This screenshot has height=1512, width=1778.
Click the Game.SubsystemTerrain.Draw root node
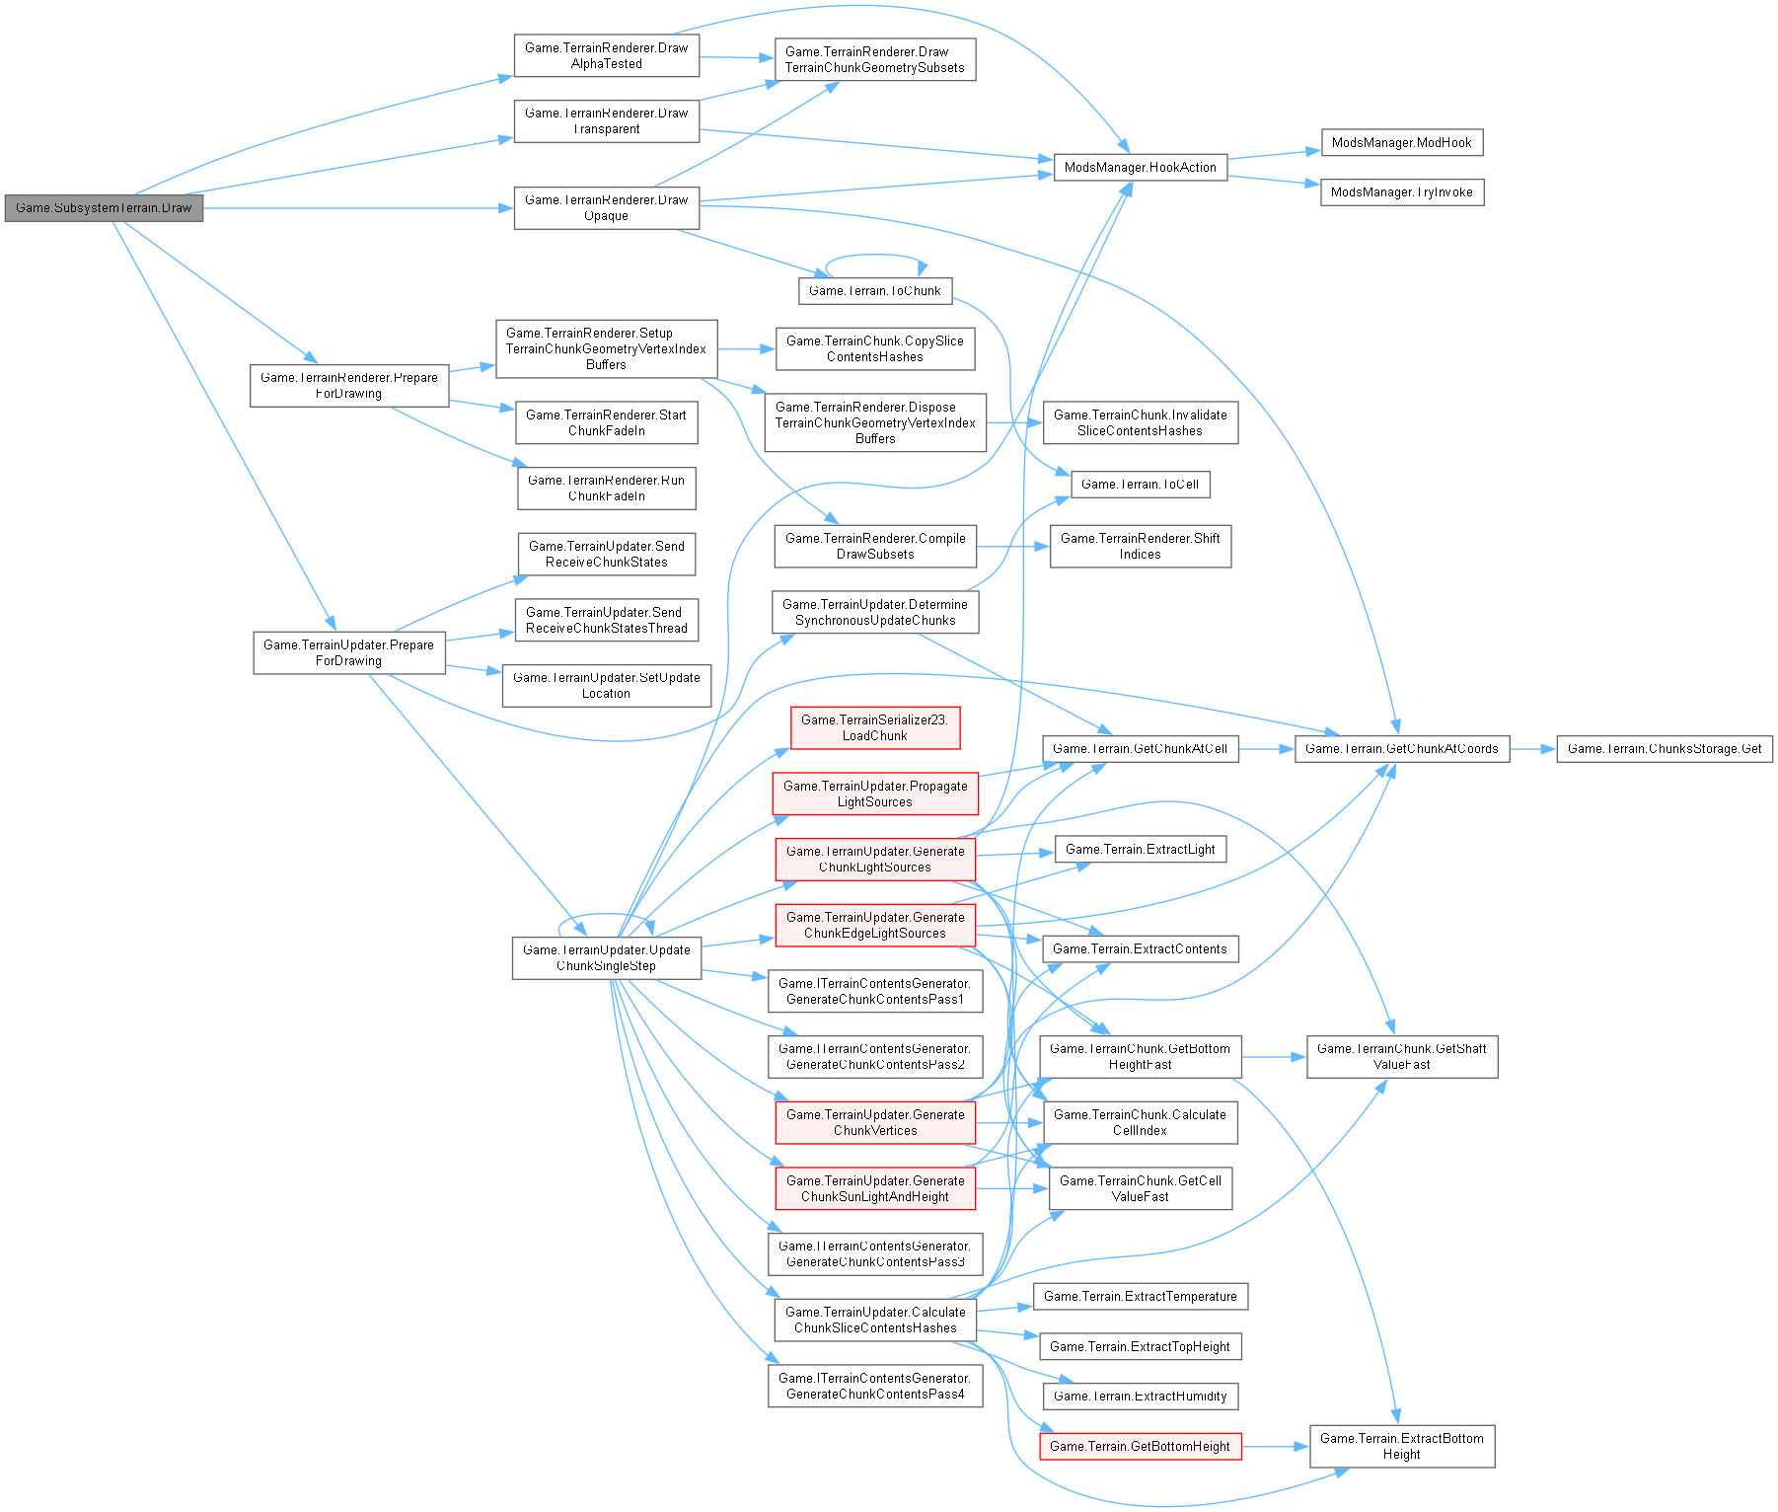tap(104, 208)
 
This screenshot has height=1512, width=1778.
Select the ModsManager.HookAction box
tap(1140, 168)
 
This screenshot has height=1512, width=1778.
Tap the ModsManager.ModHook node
tap(1401, 143)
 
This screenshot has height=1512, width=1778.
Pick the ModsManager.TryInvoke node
tap(1401, 192)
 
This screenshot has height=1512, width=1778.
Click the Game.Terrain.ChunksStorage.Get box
tap(1664, 749)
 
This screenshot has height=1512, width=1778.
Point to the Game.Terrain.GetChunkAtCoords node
tap(1401, 749)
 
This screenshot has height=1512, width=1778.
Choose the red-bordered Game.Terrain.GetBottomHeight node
tap(1140, 1447)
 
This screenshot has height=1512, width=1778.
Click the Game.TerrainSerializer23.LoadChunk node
tap(874, 728)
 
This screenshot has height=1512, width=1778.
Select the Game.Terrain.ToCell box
tap(1140, 485)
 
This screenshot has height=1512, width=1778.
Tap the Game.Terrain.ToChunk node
tap(874, 291)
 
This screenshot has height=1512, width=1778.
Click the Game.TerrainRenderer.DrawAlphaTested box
tap(606, 56)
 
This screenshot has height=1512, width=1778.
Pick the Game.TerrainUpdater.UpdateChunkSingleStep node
tap(606, 958)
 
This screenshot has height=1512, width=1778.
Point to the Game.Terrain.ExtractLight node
tap(1140, 850)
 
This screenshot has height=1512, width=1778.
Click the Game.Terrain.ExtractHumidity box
tap(1140, 1397)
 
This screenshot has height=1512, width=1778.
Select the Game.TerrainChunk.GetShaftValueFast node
tap(1401, 1057)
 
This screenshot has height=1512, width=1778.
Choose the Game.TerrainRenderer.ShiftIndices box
tap(1140, 547)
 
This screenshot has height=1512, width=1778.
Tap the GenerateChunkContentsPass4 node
tap(874, 1387)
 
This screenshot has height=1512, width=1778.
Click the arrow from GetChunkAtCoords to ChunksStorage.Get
tap(1532, 749)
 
